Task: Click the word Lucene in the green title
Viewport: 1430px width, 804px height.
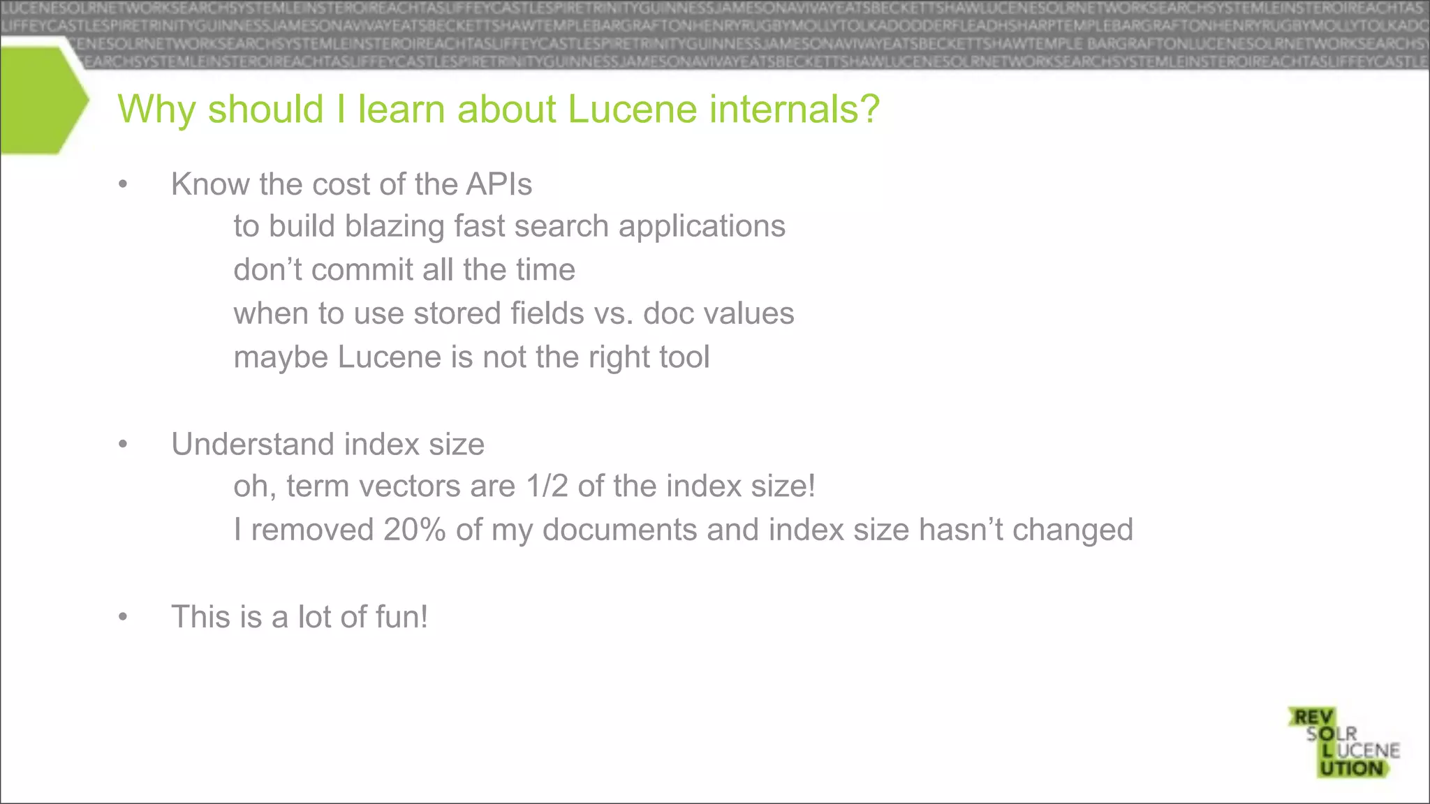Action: click(632, 110)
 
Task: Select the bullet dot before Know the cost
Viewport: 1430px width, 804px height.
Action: click(124, 185)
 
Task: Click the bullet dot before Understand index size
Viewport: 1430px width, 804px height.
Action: click(124, 445)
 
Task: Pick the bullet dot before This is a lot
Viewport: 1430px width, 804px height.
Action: click(124, 617)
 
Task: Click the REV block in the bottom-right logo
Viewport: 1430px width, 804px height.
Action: click(1313, 717)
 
